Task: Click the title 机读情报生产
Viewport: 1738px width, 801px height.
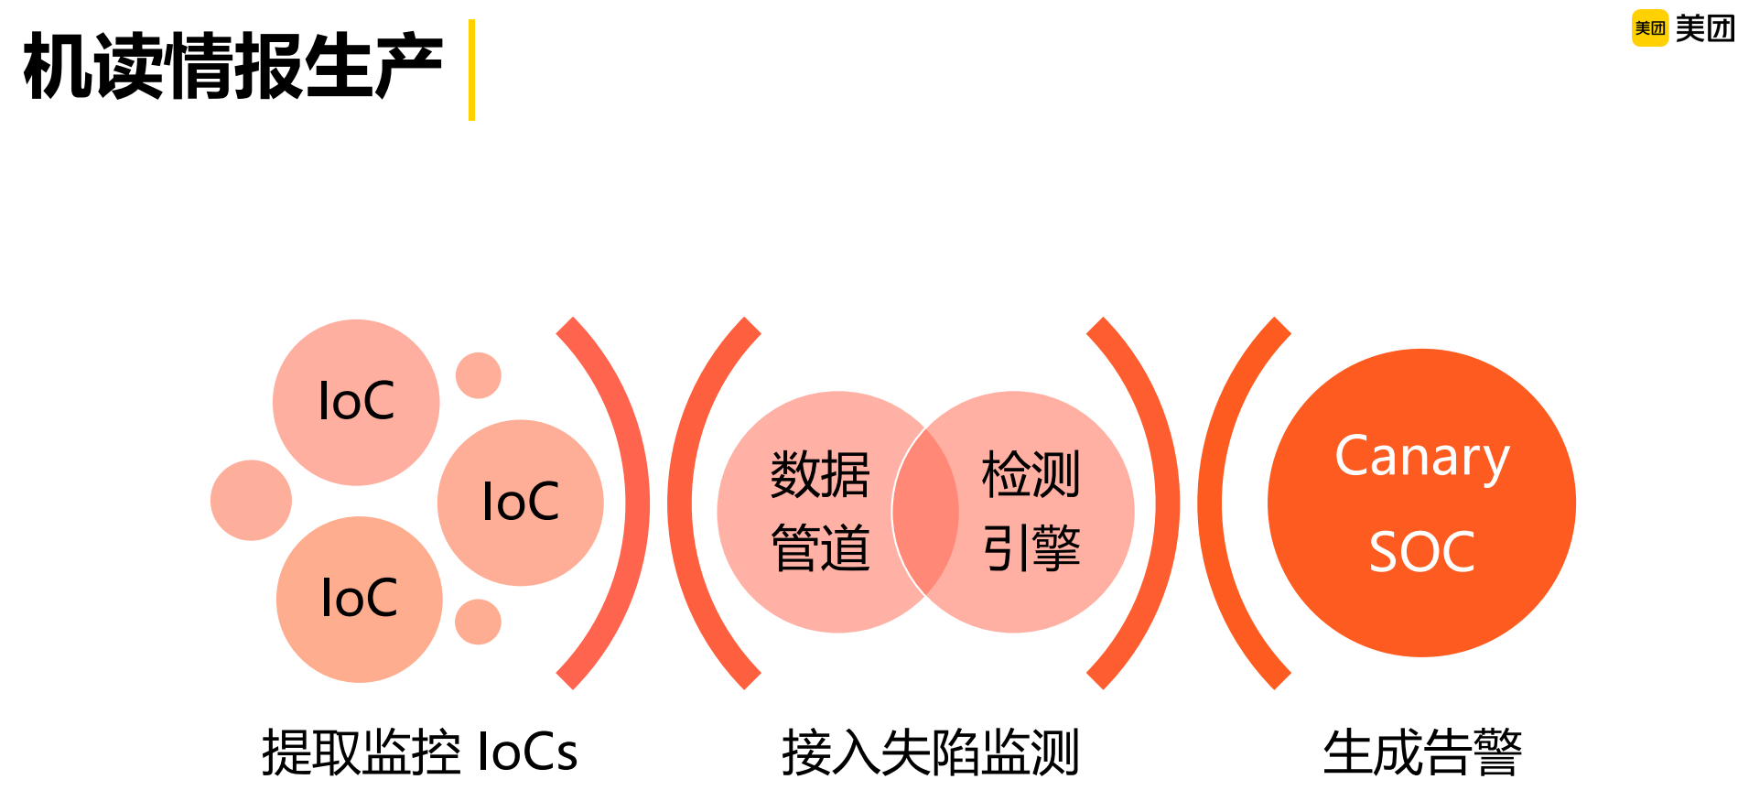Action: pyautogui.click(x=233, y=66)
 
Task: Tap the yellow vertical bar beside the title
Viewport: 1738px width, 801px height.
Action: pyautogui.click(x=471, y=70)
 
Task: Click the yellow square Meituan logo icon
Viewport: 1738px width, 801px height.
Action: pyautogui.click(x=1649, y=28)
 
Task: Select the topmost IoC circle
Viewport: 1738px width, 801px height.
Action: pyautogui.click(x=356, y=402)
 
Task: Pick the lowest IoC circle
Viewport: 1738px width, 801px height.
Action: pyautogui.click(x=359, y=599)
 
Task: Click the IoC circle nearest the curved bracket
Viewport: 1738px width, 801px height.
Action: pyautogui.click(x=520, y=503)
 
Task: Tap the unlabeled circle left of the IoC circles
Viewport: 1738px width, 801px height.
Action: pyautogui.click(x=251, y=500)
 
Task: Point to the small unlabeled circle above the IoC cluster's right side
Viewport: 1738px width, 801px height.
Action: pyautogui.click(x=478, y=375)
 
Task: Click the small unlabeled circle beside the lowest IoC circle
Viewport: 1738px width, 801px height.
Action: pyautogui.click(x=478, y=622)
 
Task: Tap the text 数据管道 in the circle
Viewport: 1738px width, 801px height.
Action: pyautogui.click(x=820, y=511)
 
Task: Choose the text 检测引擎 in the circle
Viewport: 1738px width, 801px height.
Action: pyautogui.click(x=1031, y=511)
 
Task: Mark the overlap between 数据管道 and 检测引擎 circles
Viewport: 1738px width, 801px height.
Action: pyautogui.click(x=925, y=512)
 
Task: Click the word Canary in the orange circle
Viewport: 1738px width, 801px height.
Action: pyautogui.click(x=1421, y=457)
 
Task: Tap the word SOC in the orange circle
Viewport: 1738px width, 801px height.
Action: pyautogui.click(x=1421, y=552)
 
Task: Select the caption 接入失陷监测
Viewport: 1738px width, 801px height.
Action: pyautogui.click(x=930, y=752)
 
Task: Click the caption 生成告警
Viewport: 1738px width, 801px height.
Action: pyautogui.click(x=1421, y=752)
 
